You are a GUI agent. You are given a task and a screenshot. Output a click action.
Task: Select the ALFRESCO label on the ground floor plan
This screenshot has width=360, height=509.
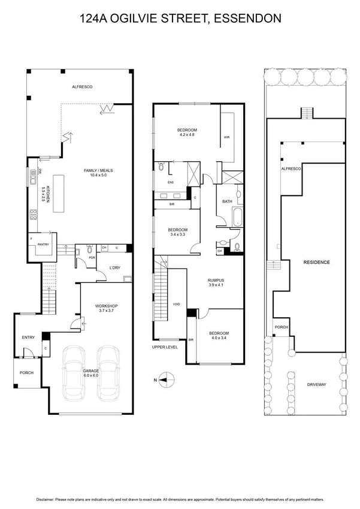[x=81, y=87]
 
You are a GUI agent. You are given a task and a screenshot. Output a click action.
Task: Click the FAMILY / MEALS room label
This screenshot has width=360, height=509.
[x=98, y=173]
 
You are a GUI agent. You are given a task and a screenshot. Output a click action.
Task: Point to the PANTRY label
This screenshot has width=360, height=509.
[x=43, y=244]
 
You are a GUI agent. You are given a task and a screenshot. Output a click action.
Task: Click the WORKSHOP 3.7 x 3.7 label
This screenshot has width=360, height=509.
[x=105, y=308]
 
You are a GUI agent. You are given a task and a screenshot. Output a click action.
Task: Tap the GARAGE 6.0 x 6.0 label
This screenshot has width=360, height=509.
[x=92, y=373]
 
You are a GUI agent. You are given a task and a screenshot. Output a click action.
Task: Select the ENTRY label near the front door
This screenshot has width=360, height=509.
[x=29, y=338]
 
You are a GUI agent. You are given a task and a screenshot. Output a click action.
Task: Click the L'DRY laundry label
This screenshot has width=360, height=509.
[x=116, y=267]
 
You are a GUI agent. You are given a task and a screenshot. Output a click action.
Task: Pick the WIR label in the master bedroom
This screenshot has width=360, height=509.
[x=226, y=137]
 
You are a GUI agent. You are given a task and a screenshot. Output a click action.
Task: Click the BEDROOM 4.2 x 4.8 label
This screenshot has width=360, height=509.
[x=186, y=132]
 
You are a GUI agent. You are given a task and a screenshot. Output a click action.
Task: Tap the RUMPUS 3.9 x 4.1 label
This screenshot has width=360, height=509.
[x=215, y=282]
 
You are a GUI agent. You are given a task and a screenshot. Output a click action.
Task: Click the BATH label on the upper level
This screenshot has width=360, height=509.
[x=227, y=201]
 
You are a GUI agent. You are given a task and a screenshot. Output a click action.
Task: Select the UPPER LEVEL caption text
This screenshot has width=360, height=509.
[x=164, y=347]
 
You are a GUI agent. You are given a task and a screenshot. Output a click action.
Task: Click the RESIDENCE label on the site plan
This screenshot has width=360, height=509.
[x=316, y=262]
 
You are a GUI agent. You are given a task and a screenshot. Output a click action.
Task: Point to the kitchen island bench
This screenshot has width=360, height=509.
[x=59, y=192]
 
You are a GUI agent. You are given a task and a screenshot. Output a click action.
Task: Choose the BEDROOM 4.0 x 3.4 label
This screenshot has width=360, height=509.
[x=217, y=335]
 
